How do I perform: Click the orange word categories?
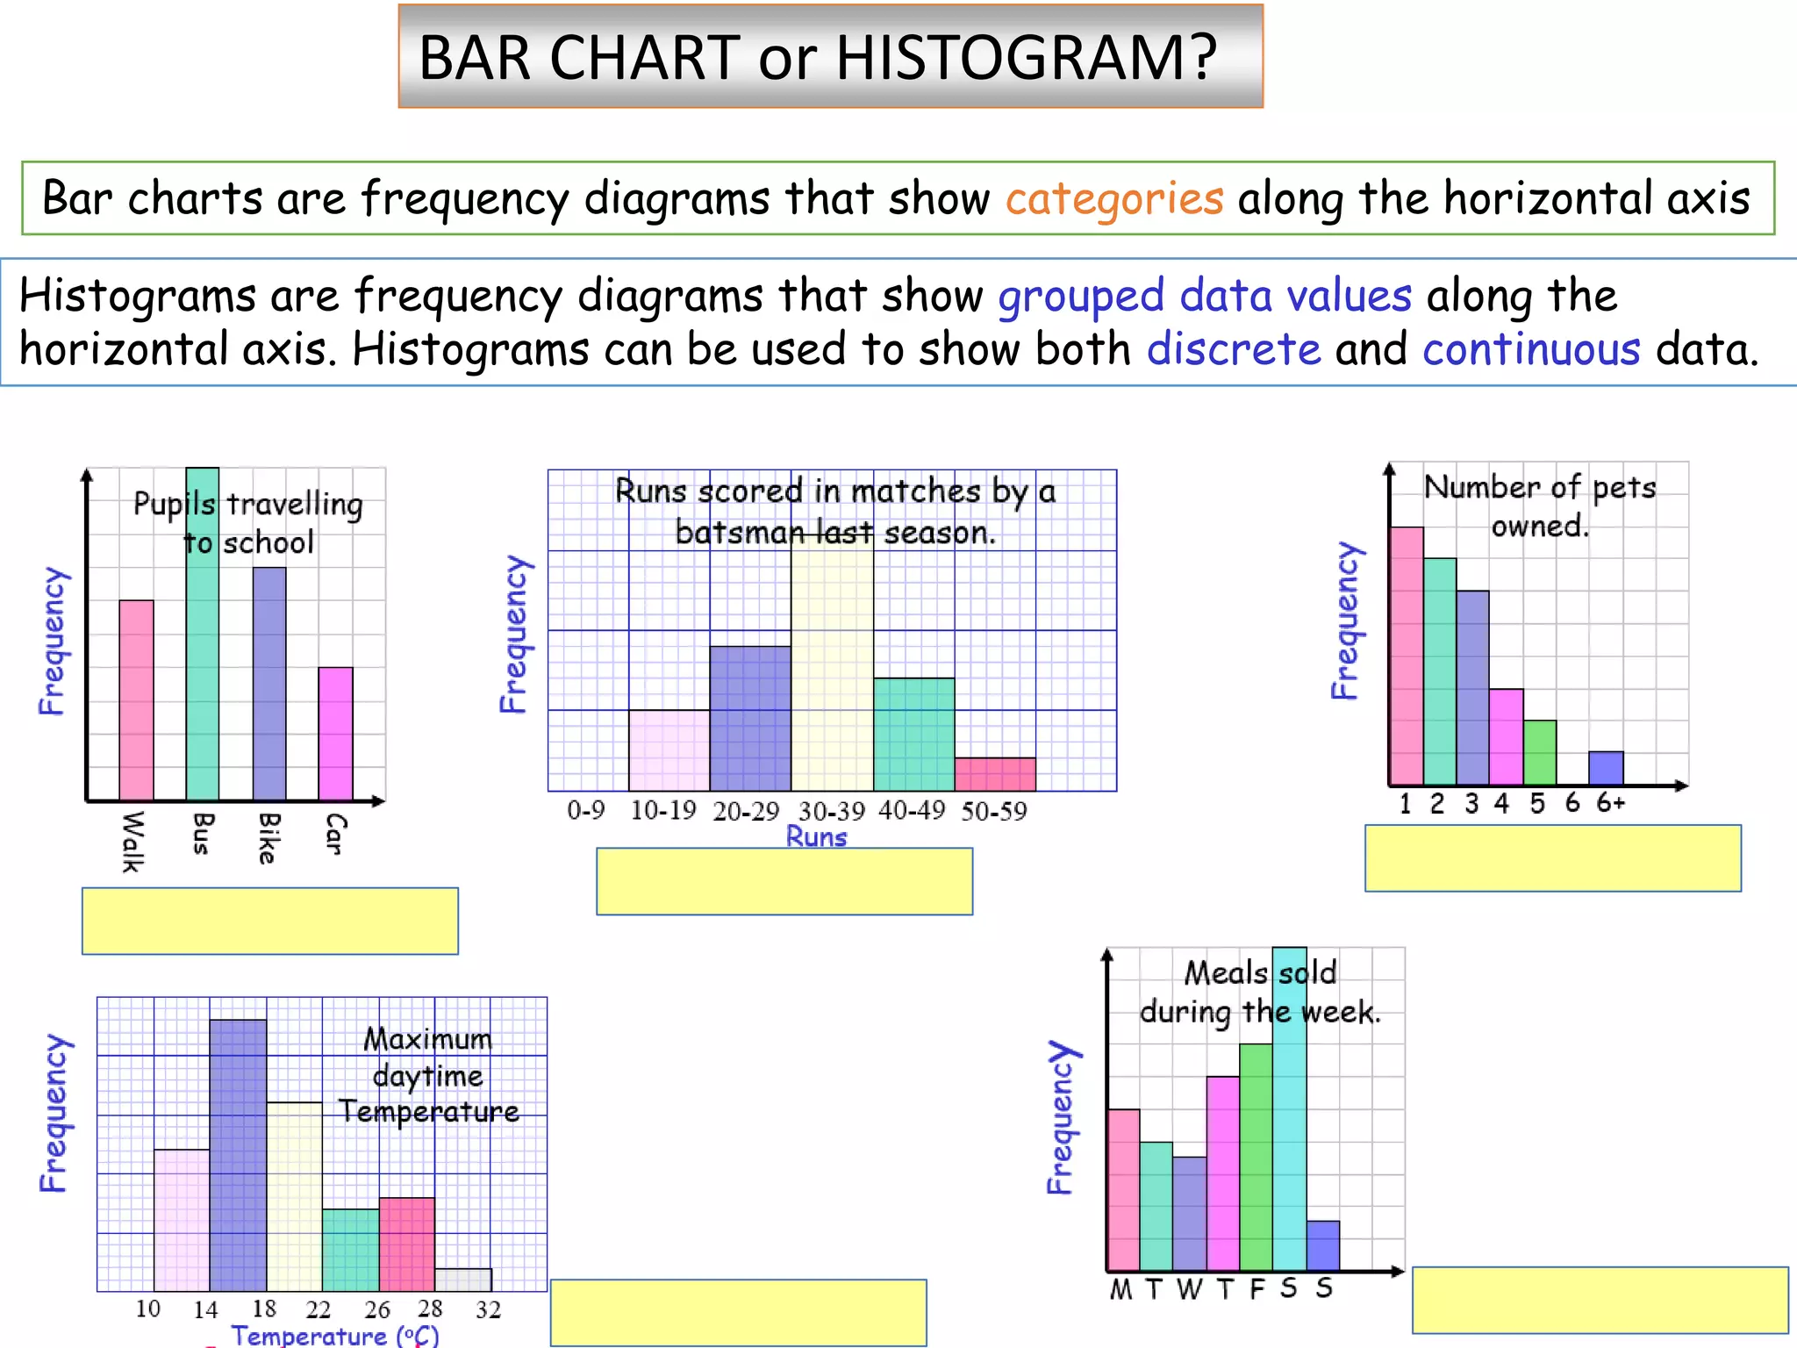tap(1113, 198)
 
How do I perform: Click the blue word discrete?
tap(1233, 349)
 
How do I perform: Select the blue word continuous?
tap(1530, 349)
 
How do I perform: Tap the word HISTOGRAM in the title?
tap(1026, 58)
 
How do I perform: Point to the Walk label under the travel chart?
tap(132, 842)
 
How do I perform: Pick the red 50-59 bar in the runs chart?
tap(995, 774)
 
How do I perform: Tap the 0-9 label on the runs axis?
tap(585, 810)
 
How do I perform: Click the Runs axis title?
tap(816, 837)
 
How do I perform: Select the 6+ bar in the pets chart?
tap(1606, 768)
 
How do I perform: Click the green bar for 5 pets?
tap(1540, 752)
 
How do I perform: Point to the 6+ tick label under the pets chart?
tap(1610, 802)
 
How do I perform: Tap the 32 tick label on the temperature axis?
tap(488, 1309)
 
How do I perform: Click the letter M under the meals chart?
tap(1120, 1289)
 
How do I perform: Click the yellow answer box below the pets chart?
tap(1552, 858)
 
